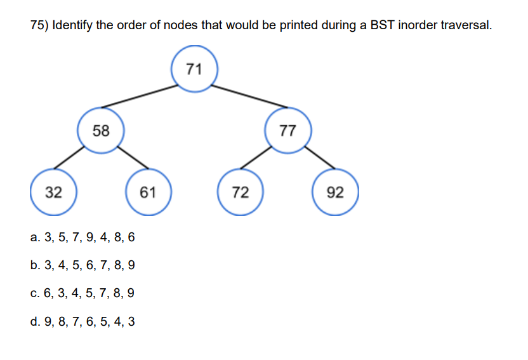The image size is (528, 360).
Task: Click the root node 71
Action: pyautogui.click(x=195, y=69)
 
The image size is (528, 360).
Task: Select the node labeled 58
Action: pyautogui.click(x=100, y=131)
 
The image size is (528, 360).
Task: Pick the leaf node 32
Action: pyautogui.click(x=54, y=192)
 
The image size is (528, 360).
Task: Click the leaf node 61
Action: pyautogui.click(x=147, y=192)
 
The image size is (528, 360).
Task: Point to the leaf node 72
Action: pyautogui.click(x=240, y=192)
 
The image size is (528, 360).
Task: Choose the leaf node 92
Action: pyautogui.click(x=335, y=192)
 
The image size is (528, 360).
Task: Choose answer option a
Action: pyautogui.click(x=82, y=238)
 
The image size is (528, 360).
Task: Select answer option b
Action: pyautogui.click(x=82, y=265)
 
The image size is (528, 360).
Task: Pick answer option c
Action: pyautogui.click(x=82, y=293)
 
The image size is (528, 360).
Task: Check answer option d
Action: pyautogui.click(x=82, y=321)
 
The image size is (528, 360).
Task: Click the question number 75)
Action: pyautogui.click(x=40, y=26)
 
